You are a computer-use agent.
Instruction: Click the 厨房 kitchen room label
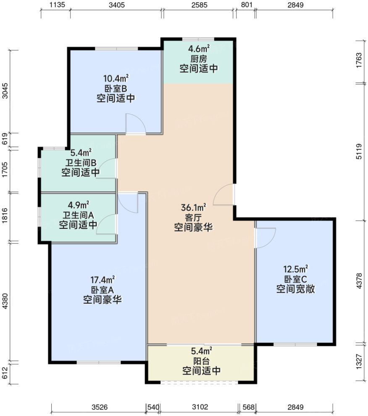[x=199, y=59]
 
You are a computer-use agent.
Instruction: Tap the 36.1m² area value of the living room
[x=194, y=207]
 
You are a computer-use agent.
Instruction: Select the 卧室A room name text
[x=103, y=290]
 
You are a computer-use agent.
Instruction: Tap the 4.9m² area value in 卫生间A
[x=78, y=205]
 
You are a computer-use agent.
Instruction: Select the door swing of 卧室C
[x=265, y=238]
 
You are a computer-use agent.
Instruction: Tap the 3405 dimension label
[x=116, y=5]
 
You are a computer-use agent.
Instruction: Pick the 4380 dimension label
[x=5, y=301]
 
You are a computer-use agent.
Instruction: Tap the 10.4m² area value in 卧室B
[x=116, y=78]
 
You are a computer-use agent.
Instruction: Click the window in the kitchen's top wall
[x=199, y=39]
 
